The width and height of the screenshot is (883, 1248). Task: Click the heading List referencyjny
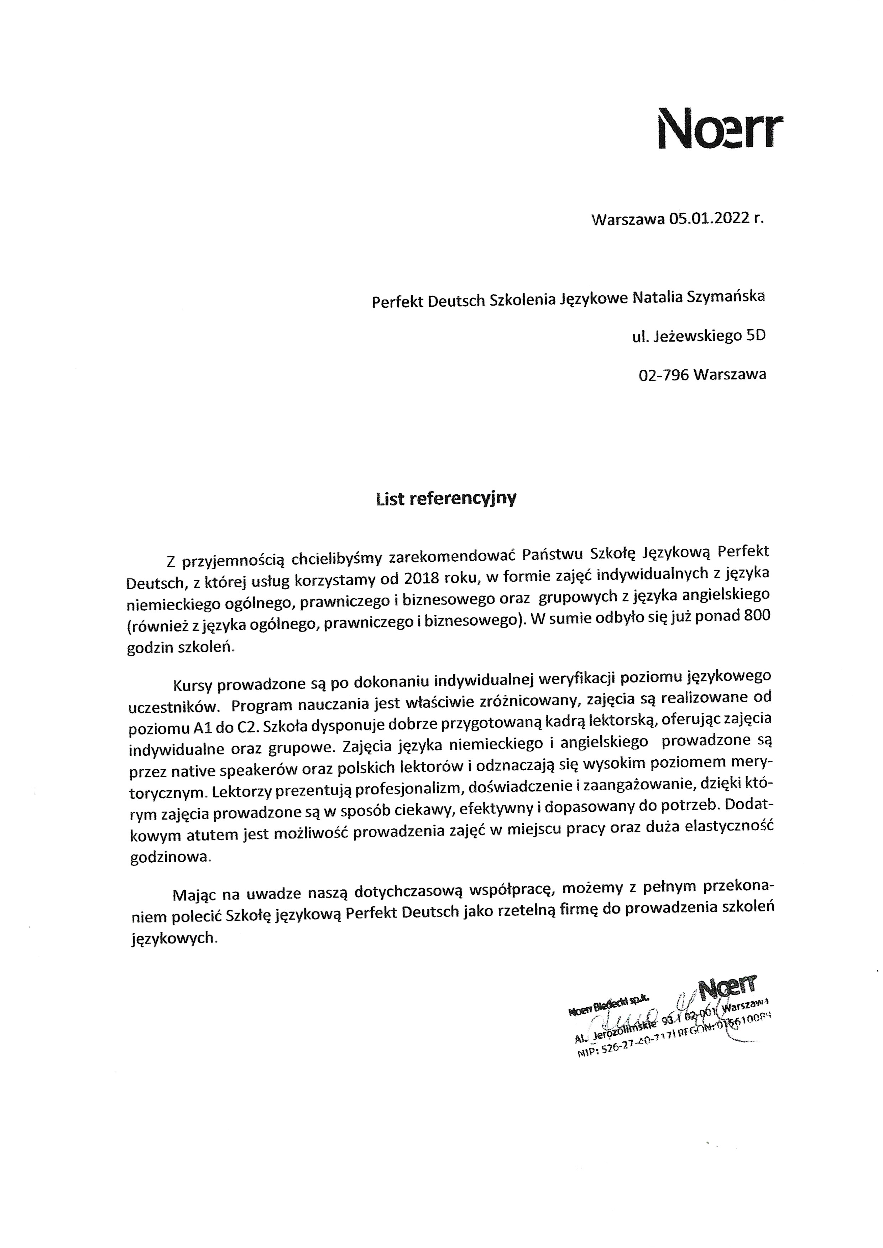pyautogui.click(x=446, y=499)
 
